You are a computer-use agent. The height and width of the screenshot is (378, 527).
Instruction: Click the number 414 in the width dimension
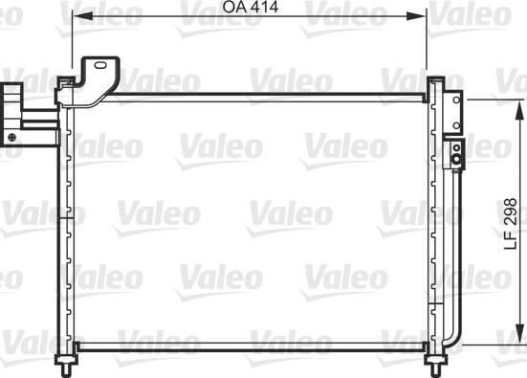[x=265, y=7]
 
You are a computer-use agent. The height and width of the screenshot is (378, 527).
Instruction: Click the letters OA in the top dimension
[x=234, y=7]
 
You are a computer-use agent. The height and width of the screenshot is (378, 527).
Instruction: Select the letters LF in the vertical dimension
[x=510, y=240]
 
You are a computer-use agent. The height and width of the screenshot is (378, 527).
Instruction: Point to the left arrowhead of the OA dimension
[x=82, y=16]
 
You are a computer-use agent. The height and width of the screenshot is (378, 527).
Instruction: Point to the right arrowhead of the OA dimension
[x=416, y=16]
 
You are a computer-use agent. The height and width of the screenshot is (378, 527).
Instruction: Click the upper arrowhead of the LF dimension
[x=519, y=109]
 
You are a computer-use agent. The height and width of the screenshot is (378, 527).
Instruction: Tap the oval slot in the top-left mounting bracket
[x=100, y=65]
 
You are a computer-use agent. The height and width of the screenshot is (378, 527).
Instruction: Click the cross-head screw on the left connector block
[x=12, y=137]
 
